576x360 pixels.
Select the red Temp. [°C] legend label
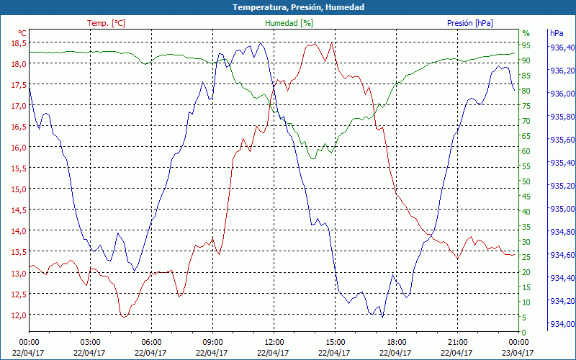pyautogui.click(x=106, y=23)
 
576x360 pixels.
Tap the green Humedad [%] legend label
pyautogui.click(x=289, y=23)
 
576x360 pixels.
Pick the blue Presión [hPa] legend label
pyautogui.click(x=470, y=23)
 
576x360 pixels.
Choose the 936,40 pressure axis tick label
pyautogui.click(x=562, y=48)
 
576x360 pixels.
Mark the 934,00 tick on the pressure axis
pyautogui.click(x=562, y=323)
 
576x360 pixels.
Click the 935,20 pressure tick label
pyautogui.click(x=562, y=186)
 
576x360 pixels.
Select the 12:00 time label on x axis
pyautogui.click(x=274, y=342)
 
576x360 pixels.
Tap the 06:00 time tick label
pyautogui.click(x=151, y=342)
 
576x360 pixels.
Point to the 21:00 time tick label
pyautogui.click(x=457, y=342)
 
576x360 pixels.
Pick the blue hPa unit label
pyautogui.click(x=557, y=33)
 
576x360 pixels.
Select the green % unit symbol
pyautogui.click(x=526, y=33)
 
